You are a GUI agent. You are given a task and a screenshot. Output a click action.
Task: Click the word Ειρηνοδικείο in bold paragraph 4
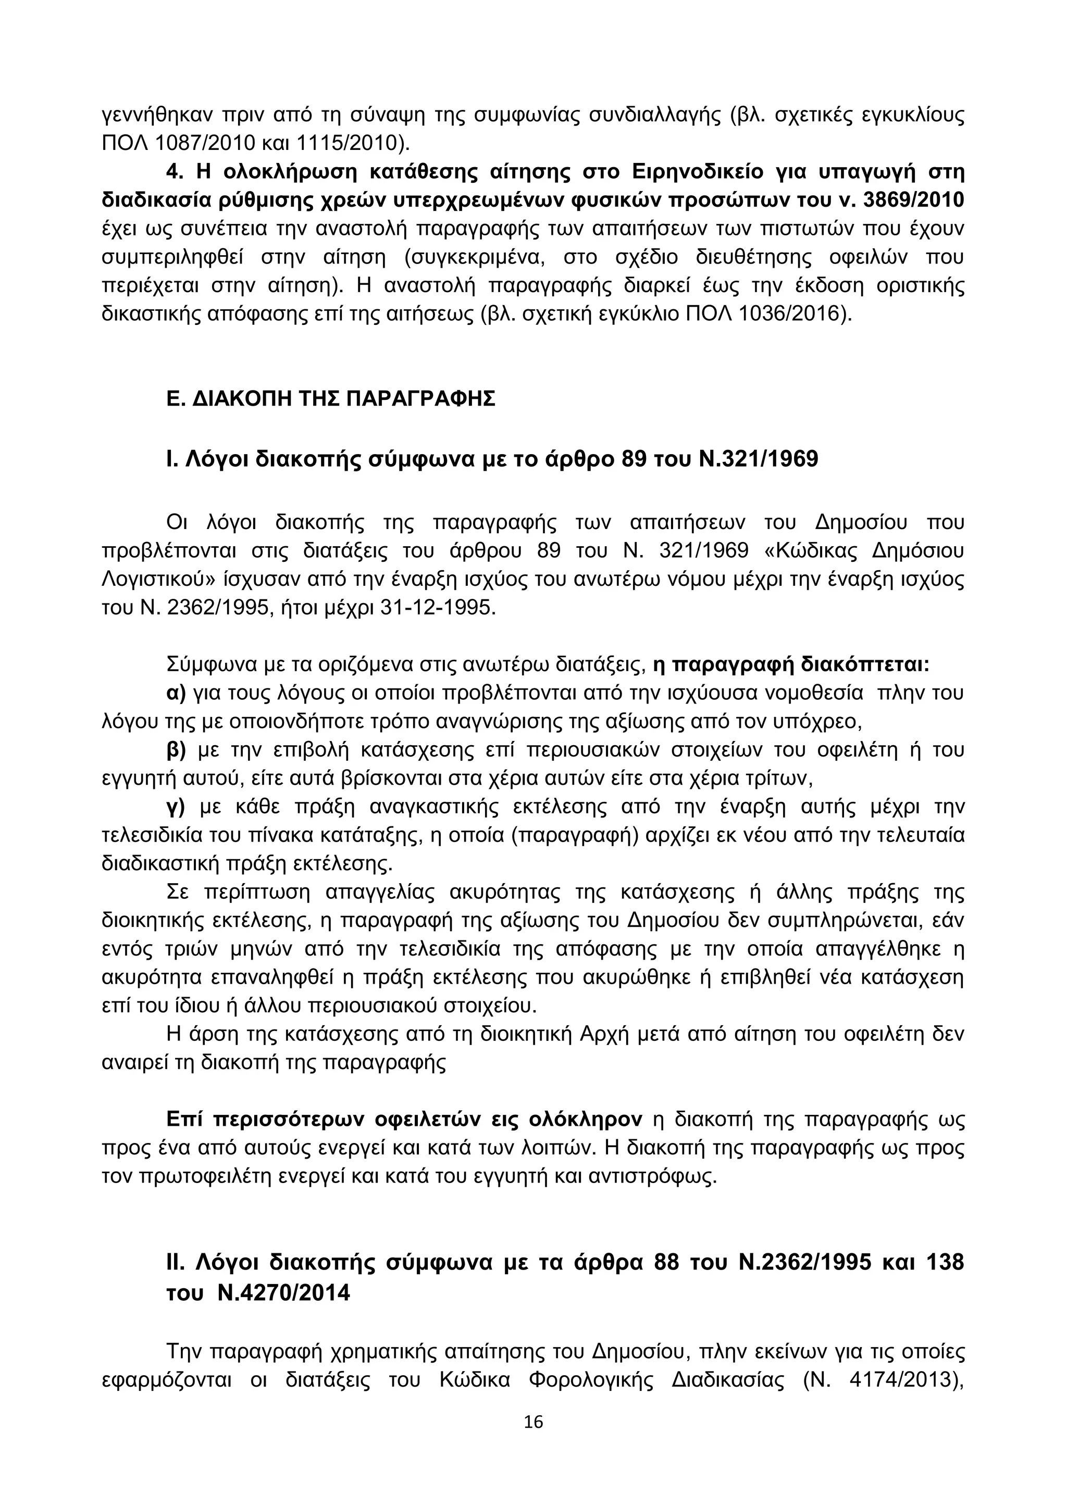(697, 171)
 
